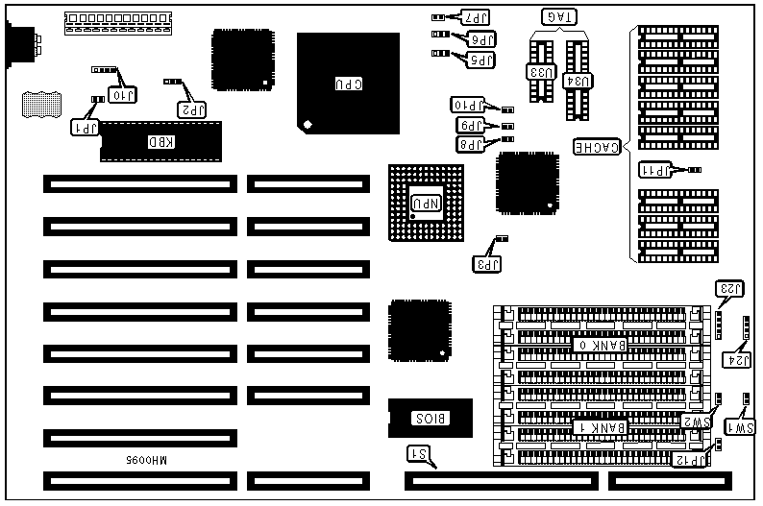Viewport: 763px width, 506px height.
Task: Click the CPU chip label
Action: (x=348, y=84)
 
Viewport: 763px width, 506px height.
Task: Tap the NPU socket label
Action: (x=427, y=202)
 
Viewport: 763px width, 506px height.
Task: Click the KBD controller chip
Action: (x=160, y=142)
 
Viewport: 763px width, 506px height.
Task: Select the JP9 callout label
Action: (x=470, y=125)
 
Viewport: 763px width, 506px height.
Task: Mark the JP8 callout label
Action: (x=470, y=144)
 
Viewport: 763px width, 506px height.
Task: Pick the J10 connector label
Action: (x=124, y=94)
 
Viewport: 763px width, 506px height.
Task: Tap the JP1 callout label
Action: (x=86, y=125)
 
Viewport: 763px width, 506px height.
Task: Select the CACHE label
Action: (x=596, y=147)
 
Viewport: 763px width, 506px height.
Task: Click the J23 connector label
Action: (x=729, y=289)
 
